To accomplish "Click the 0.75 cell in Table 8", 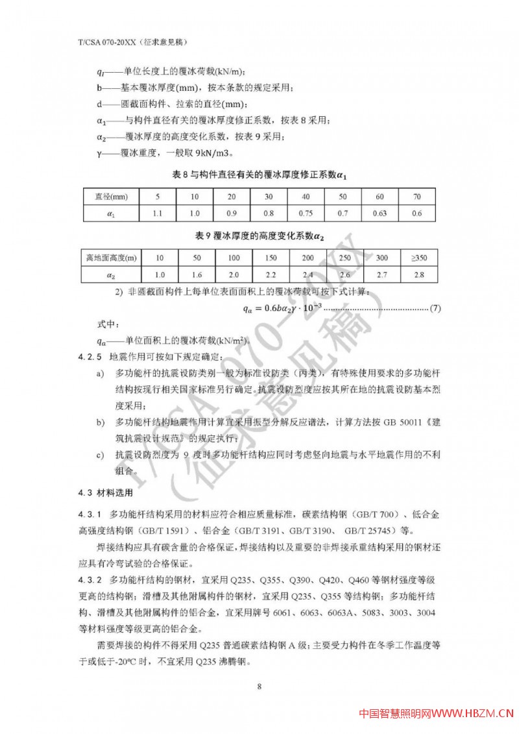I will tap(305, 213).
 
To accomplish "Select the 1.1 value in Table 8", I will tap(156, 213).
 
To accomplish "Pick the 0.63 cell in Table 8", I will tap(380, 213).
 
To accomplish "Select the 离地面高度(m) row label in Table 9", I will tap(108, 258).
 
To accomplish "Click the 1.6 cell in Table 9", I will tap(197, 275).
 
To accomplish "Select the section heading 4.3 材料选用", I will tap(103, 491).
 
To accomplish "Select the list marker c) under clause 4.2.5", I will tap(100, 456).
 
